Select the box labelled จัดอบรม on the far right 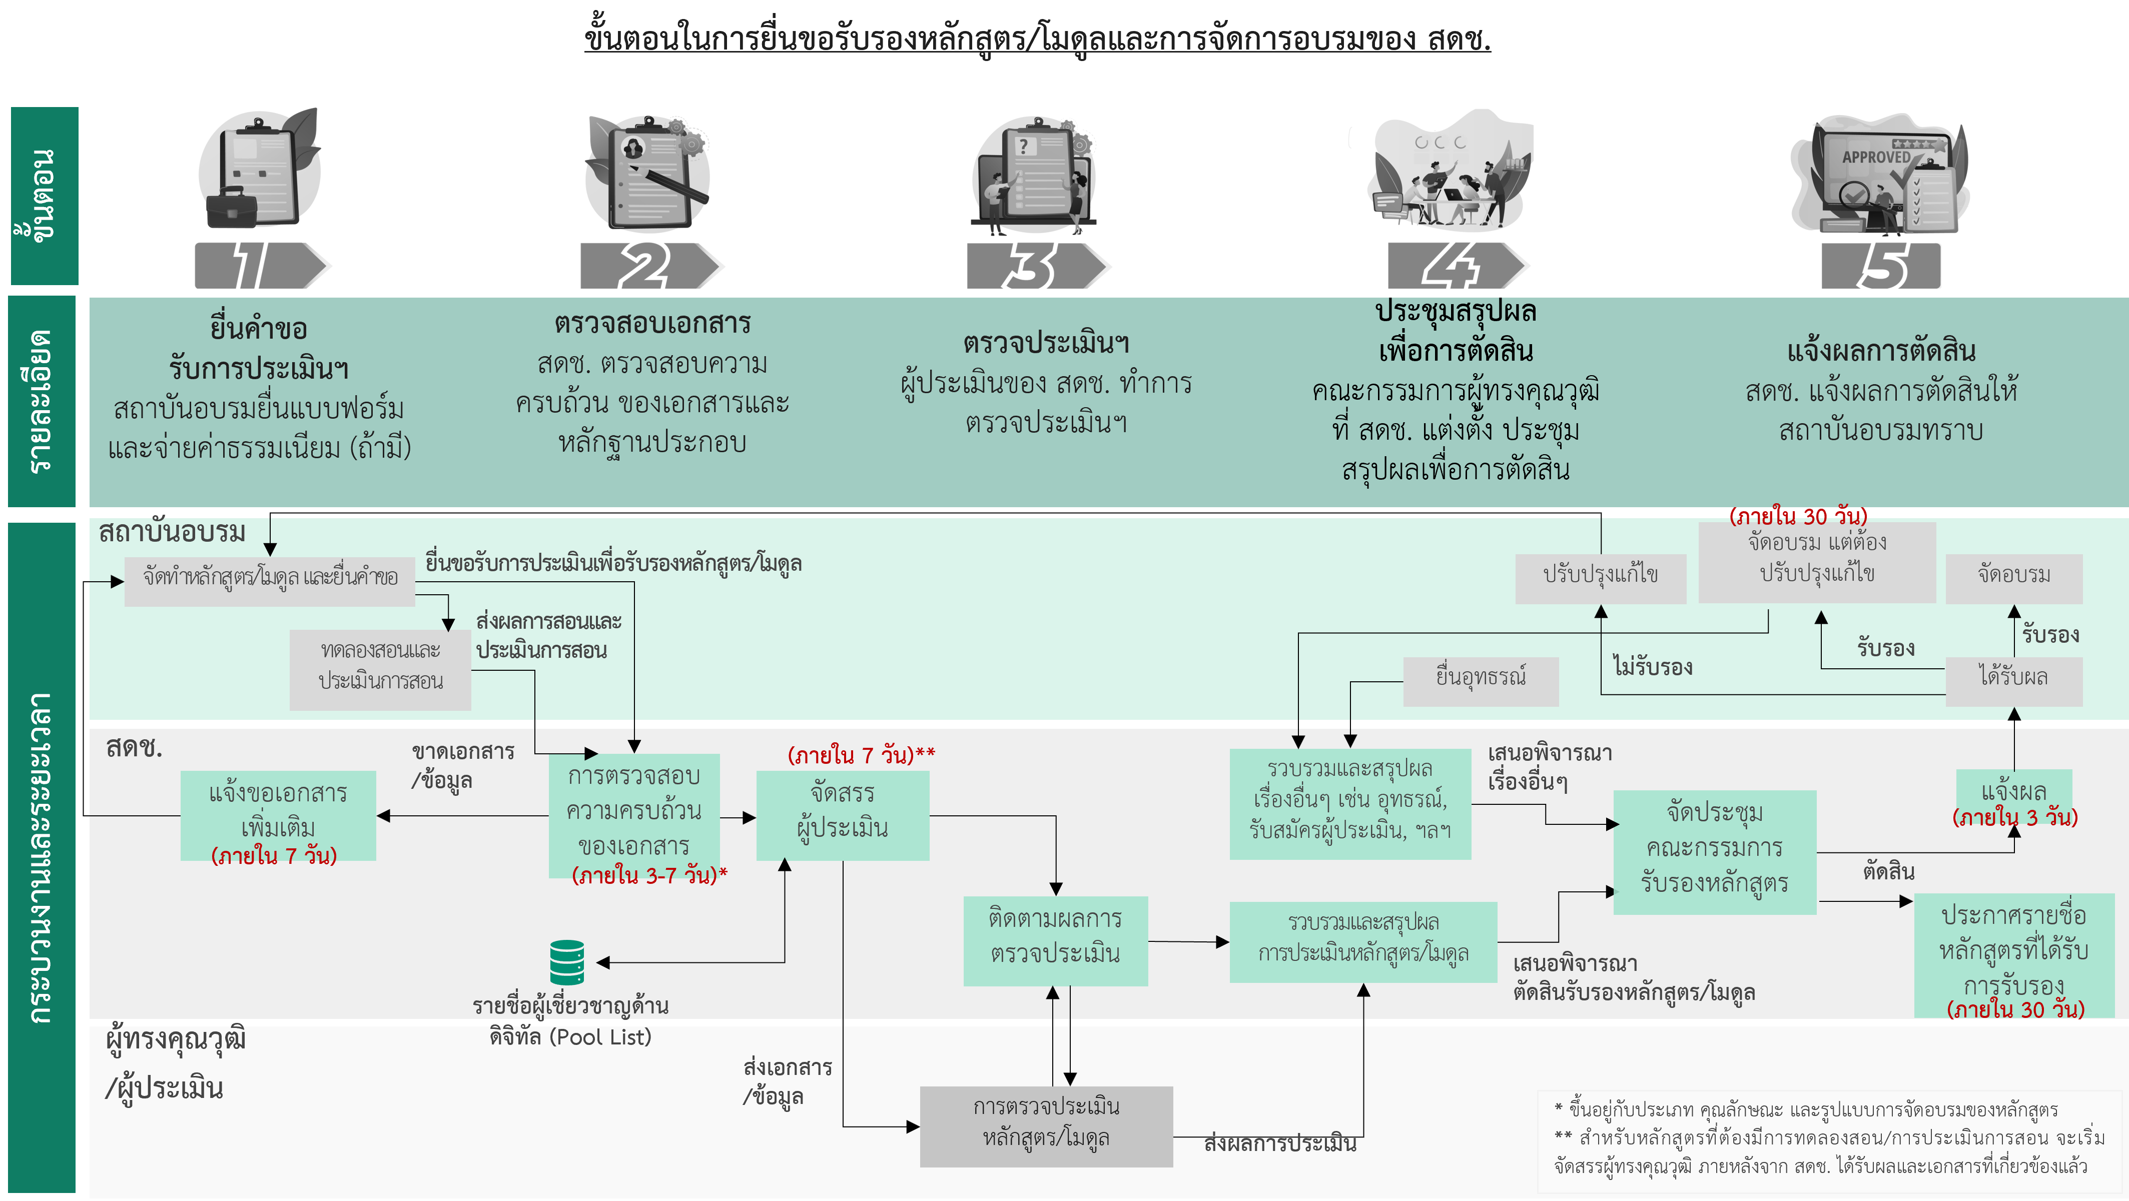click(2013, 576)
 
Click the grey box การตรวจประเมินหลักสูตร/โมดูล click(1046, 1125)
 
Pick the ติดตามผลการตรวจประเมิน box click(1055, 939)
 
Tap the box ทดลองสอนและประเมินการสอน click(380, 667)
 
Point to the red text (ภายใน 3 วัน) click(2014, 818)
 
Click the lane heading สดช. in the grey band click(134, 747)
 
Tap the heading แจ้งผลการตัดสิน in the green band click(1880, 352)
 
